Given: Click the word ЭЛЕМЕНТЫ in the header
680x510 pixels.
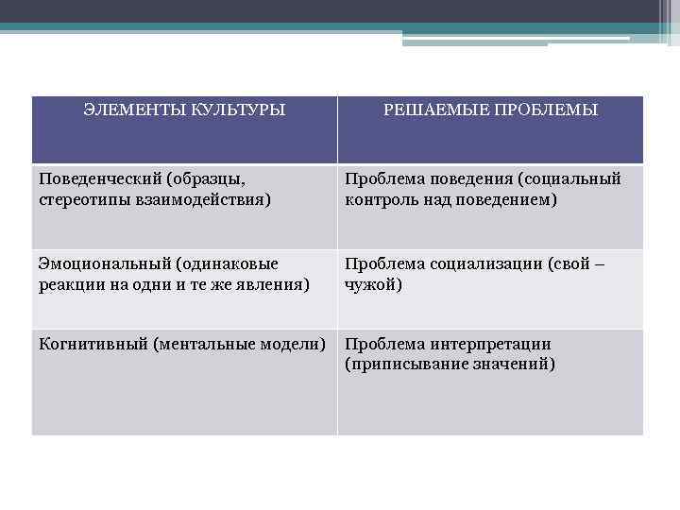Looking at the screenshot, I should pos(128,110).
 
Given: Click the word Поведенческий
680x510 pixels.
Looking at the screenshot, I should pos(93,178).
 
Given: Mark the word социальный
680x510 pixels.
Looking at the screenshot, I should pos(577,178).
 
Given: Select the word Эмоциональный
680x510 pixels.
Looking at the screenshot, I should pos(95,263).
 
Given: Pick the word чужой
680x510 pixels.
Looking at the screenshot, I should pos(372,283).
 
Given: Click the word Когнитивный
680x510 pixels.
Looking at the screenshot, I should pos(93,344).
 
